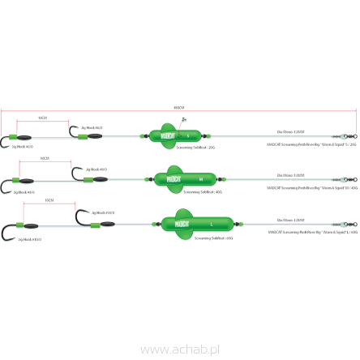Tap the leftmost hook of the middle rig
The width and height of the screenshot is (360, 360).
[x=10, y=188]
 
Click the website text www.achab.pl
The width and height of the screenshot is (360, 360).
[x=180, y=349]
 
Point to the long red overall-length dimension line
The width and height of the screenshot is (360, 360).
[x=178, y=109]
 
